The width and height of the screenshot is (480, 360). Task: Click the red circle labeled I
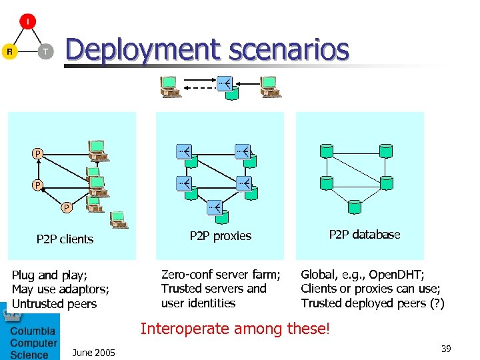pyautogui.click(x=27, y=21)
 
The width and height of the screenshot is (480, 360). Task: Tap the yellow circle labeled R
pyautogui.click(x=9, y=51)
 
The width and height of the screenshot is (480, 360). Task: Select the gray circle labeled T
pyautogui.click(x=45, y=51)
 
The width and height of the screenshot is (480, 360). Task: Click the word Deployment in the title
pyautogui.click(x=142, y=49)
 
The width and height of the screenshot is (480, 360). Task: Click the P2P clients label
pyautogui.click(x=65, y=239)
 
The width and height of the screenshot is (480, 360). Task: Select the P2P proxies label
pyautogui.click(x=221, y=236)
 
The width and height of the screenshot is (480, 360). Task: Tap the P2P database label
pyautogui.click(x=365, y=235)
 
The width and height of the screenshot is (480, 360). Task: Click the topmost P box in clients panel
pyautogui.click(x=38, y=155)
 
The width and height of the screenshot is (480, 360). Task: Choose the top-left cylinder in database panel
pyautogui.click(x=326, y=151)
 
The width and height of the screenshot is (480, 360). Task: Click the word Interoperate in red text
pyautogui.click(x=179, y=329)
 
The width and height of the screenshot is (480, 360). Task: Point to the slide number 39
pyautogui.click(x=446, y=349)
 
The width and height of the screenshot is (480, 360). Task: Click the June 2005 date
pyautogui.click(x=93, y=353)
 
